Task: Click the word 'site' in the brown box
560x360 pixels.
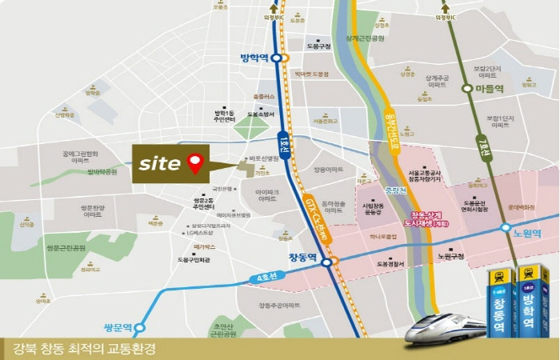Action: (x=158, y=163)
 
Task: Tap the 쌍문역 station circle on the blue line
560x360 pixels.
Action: (x=140, y=326)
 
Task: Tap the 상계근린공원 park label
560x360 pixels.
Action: (x=365, y=38)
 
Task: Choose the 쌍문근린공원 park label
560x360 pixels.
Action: (x=66, y=248)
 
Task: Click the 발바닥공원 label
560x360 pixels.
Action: (x=102, y=172)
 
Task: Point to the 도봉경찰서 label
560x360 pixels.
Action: (x=390, y=263)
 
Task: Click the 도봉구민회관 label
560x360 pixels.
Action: (x=194, y=260)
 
